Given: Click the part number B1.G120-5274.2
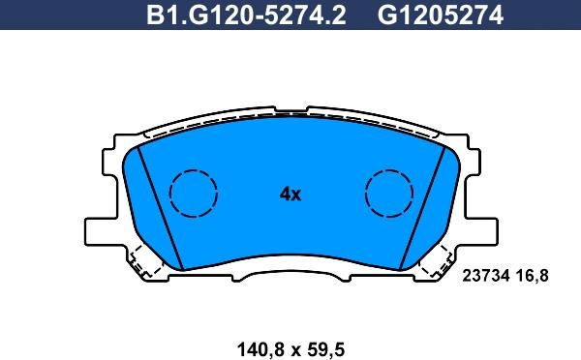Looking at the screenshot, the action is (x=246, y=15).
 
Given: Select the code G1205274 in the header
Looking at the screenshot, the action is (x=441, y=15).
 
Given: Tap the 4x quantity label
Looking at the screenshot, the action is (x=290, y=194).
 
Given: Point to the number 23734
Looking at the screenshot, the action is (x=486, y=276).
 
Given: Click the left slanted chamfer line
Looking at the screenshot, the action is (x=160, y=208).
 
